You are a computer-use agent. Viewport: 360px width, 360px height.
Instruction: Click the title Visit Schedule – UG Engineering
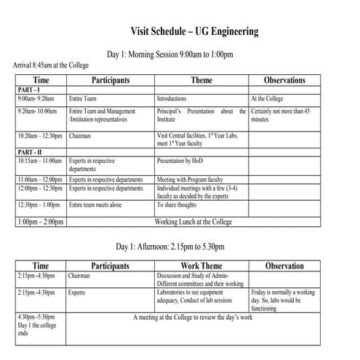click(193, 31)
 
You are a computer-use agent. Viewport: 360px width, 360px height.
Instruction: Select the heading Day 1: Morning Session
click(169, 55)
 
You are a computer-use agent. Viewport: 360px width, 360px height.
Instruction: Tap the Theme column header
click(201, 80)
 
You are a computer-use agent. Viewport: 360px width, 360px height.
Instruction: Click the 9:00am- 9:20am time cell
click(36, 97)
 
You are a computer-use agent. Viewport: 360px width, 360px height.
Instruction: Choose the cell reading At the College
click(268, 97)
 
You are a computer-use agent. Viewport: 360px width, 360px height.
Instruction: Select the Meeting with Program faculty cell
click(190, 179)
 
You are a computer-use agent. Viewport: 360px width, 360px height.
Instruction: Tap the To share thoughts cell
click(177, 205)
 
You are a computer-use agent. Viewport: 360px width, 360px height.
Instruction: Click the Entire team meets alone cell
click(95, 205)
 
